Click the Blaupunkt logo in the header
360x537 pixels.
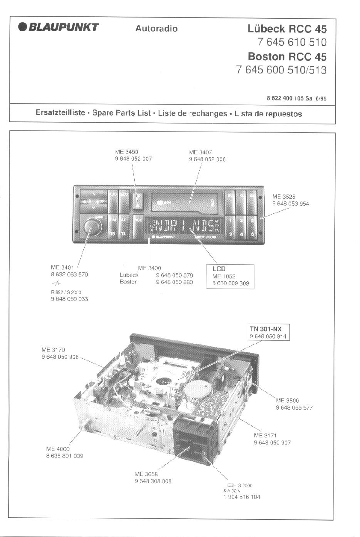point(59,28)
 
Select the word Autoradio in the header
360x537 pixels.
point(156,29)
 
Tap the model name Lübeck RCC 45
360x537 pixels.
point(287,29)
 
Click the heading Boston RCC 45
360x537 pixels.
point(287,56)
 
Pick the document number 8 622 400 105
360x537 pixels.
point(285,98)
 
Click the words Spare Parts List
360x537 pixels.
point(122,114)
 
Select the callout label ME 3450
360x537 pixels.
point(127,152)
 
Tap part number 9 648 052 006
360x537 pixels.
point(207,159)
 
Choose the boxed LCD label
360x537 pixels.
point(219,269)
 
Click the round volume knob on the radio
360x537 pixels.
point(91,227)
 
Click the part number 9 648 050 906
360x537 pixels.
point(60,357)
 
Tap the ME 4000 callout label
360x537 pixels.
point(58,449)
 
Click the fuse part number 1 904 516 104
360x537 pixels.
point(242,497)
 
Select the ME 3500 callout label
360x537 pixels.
point(287,401)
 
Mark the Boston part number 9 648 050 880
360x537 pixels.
point(174,282)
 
